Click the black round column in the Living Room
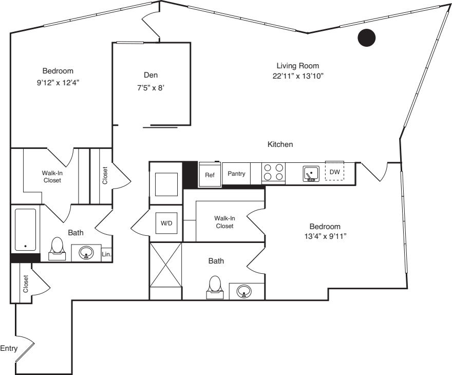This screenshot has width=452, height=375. [367, 36]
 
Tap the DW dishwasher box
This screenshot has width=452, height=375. [334, 172]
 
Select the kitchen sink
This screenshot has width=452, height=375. [310, 174]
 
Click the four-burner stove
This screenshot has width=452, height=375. [273, 172]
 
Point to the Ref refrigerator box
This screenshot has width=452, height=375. [210, 175]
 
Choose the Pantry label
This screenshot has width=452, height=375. [236, 174]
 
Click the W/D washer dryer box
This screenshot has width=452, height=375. [166, 223]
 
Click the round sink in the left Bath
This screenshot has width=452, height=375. [86, 253]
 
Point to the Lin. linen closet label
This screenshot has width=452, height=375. [107, 254]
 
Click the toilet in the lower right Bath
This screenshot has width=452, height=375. [215, 287]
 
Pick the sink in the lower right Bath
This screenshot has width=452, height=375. [244, 291]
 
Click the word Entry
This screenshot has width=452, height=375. [9, 349]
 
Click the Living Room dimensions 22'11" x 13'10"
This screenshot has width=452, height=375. [298, 76]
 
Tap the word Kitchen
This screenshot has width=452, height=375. [280, 145]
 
